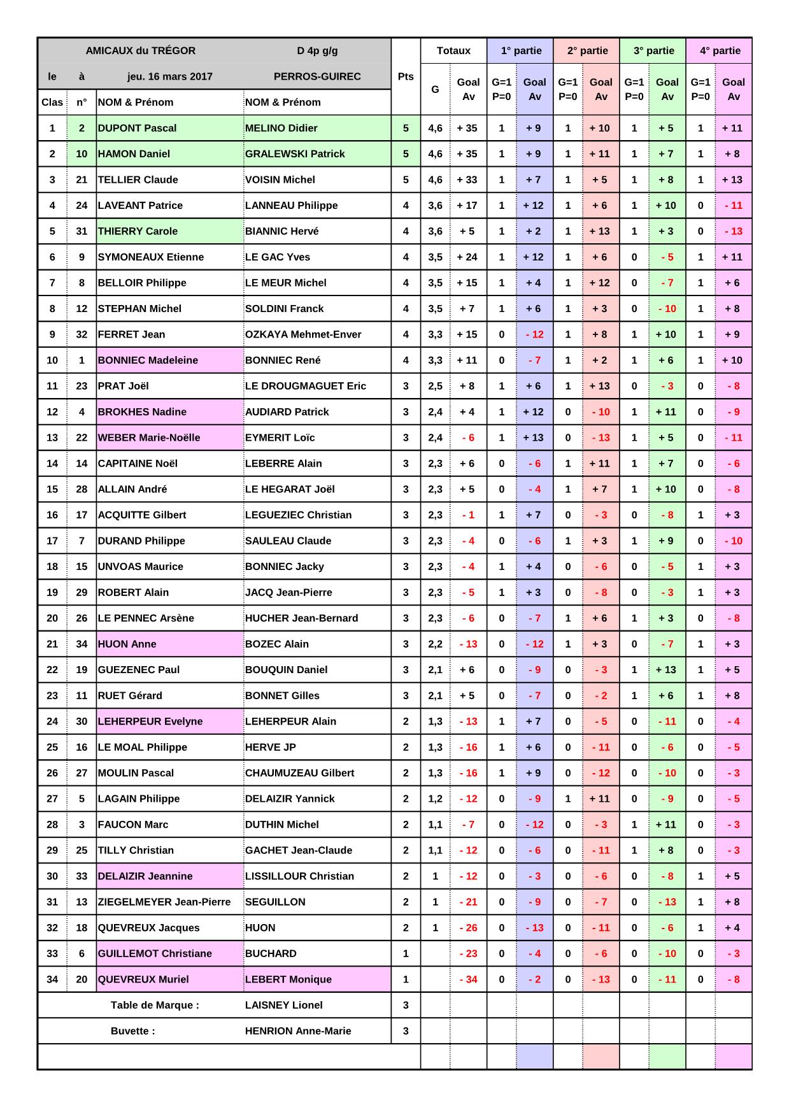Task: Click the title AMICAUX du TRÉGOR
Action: click(x=141, y=51)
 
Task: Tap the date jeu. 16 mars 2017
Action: click(x=170, y=76)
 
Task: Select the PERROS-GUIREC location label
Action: click(x=317, y=76)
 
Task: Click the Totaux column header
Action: click(x=453, y=51)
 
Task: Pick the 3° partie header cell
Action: click(x=653, y=51)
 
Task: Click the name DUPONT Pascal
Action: click(x=137, y=128)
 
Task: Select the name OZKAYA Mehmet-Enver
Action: click(x=303, y=334)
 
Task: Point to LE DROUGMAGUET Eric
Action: click(x=306, y=386)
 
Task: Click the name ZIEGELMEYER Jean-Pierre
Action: click(x=164, y=902)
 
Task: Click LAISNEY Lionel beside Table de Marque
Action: click(x=284, y=1005)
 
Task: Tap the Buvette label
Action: click(x=132, y=1031)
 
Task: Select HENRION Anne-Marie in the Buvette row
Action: click(x=298, y=1031)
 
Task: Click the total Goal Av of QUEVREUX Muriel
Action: click(x=468, y=979)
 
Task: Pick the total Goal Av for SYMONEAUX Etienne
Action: click(x=468, y=257)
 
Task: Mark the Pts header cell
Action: click(x=406, y=76)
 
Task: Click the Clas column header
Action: click(x=52, y=103)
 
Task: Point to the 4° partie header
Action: click(x=720, y=51)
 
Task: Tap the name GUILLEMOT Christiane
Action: click(x=155, y=953)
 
